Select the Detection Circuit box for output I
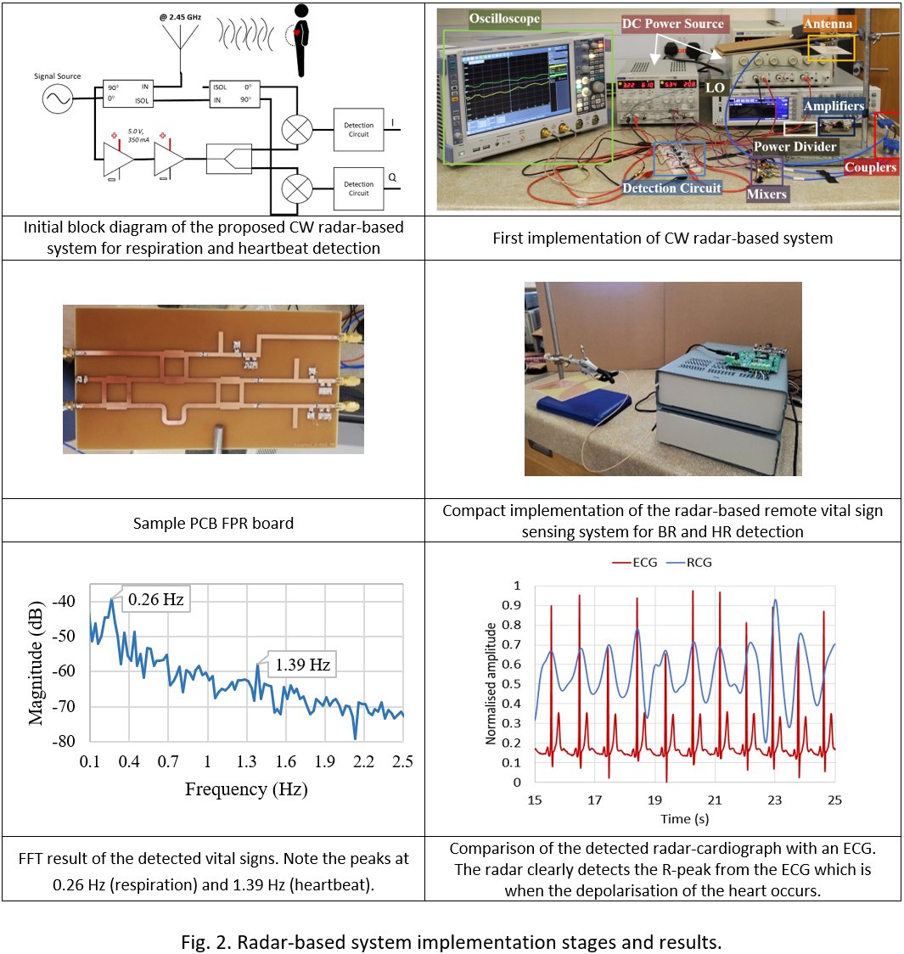pos(358,129)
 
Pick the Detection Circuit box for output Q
pos(358,188)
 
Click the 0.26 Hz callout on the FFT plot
pos(155,600)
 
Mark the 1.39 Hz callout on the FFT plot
pos(301,665)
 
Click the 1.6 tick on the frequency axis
pos(285,762)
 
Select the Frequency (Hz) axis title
pos(246,789)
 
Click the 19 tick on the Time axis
pos(654,800)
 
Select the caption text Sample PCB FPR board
pos(213,523)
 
